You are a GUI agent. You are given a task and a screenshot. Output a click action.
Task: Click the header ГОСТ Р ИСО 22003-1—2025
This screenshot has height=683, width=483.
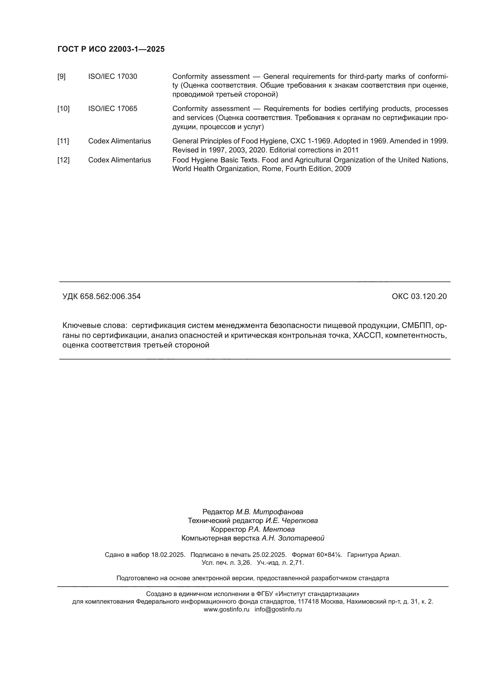[111, 49]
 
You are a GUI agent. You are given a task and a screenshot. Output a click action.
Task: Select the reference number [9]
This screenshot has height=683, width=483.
[61, 77]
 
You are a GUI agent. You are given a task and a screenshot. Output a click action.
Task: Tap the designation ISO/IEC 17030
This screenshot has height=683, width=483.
[113, 77]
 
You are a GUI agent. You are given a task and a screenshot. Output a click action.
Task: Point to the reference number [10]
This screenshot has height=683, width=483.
[63, 109]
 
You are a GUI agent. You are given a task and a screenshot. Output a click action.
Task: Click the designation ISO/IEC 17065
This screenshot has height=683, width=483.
[113, 109]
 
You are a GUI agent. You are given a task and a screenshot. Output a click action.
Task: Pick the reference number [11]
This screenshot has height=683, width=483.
[63, 141]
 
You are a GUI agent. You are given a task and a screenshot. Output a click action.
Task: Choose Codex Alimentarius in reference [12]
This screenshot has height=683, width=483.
[119, 160]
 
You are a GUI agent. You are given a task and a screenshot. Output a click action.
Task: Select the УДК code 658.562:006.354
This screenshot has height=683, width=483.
[110, 297]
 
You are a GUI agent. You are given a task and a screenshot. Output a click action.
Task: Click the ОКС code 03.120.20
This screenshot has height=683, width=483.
[429, 297]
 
